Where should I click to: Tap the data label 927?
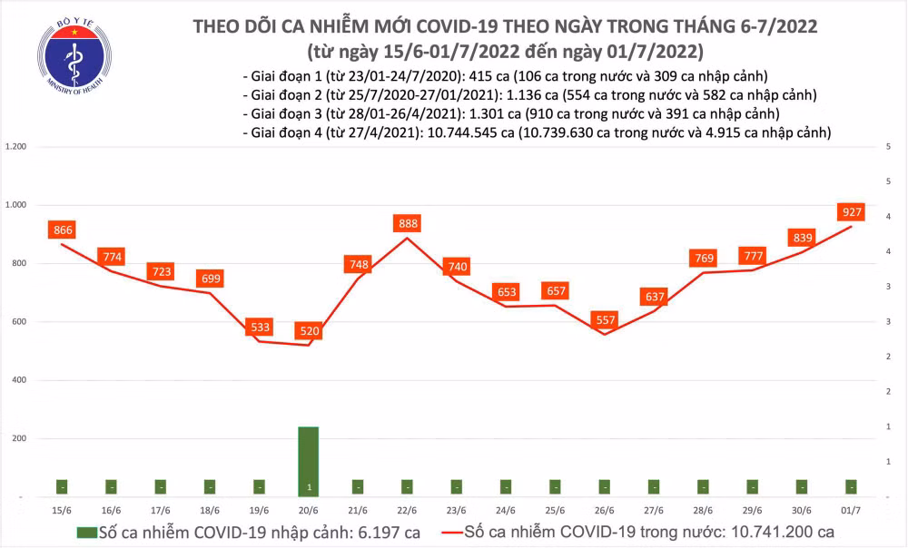coord(851,213)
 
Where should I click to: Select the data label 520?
coord(310,332)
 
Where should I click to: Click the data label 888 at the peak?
coord(407,223)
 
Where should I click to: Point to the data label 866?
coord(63,230)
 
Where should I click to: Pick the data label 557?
coord(604,320)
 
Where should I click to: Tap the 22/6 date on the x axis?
coord(407,509)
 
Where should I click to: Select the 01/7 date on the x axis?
coord(850,509)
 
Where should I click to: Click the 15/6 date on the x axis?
coord(63,509)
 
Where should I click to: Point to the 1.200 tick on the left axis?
coord(15,147)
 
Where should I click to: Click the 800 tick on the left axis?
coord(19,264)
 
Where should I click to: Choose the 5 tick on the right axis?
coord(886,147)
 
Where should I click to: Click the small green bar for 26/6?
coord(604,485)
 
